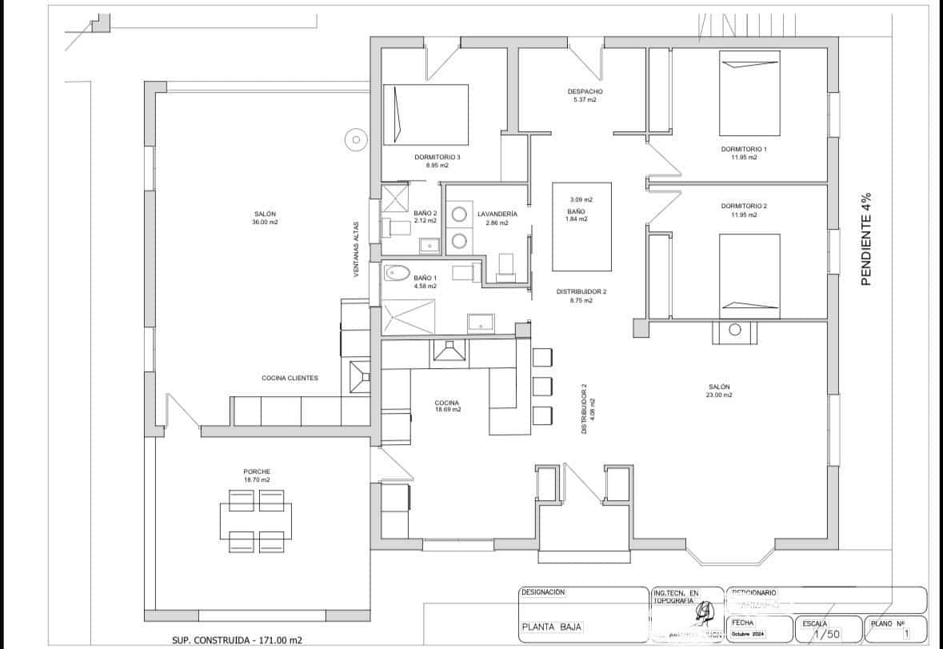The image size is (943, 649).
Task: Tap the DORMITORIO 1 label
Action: click(x=743, y=153)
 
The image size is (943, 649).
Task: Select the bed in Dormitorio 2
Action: click(x=749, y=271)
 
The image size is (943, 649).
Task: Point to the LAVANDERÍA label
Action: click(x=497, y=218)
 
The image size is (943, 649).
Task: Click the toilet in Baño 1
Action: click(x=398, y=274)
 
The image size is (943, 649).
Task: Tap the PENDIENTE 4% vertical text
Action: click(x=866, y=238)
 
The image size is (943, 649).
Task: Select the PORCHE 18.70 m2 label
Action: click(x=257, y=475)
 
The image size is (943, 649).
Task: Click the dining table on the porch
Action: click(x=257, y=521)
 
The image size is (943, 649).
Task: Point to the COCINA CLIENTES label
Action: click(x=290, y=378)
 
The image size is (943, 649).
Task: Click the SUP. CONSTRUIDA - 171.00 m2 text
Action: click(x=238, y=640)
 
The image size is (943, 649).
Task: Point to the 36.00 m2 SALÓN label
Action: click(x=265, y=218)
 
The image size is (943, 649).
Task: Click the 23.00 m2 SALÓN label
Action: click(x=719, y=391)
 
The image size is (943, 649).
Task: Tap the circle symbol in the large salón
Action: click(x=354, y=140)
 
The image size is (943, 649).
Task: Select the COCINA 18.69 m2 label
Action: click(x=447, y=405)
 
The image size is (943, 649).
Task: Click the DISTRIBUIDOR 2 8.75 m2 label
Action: click(x=581, y=296)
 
